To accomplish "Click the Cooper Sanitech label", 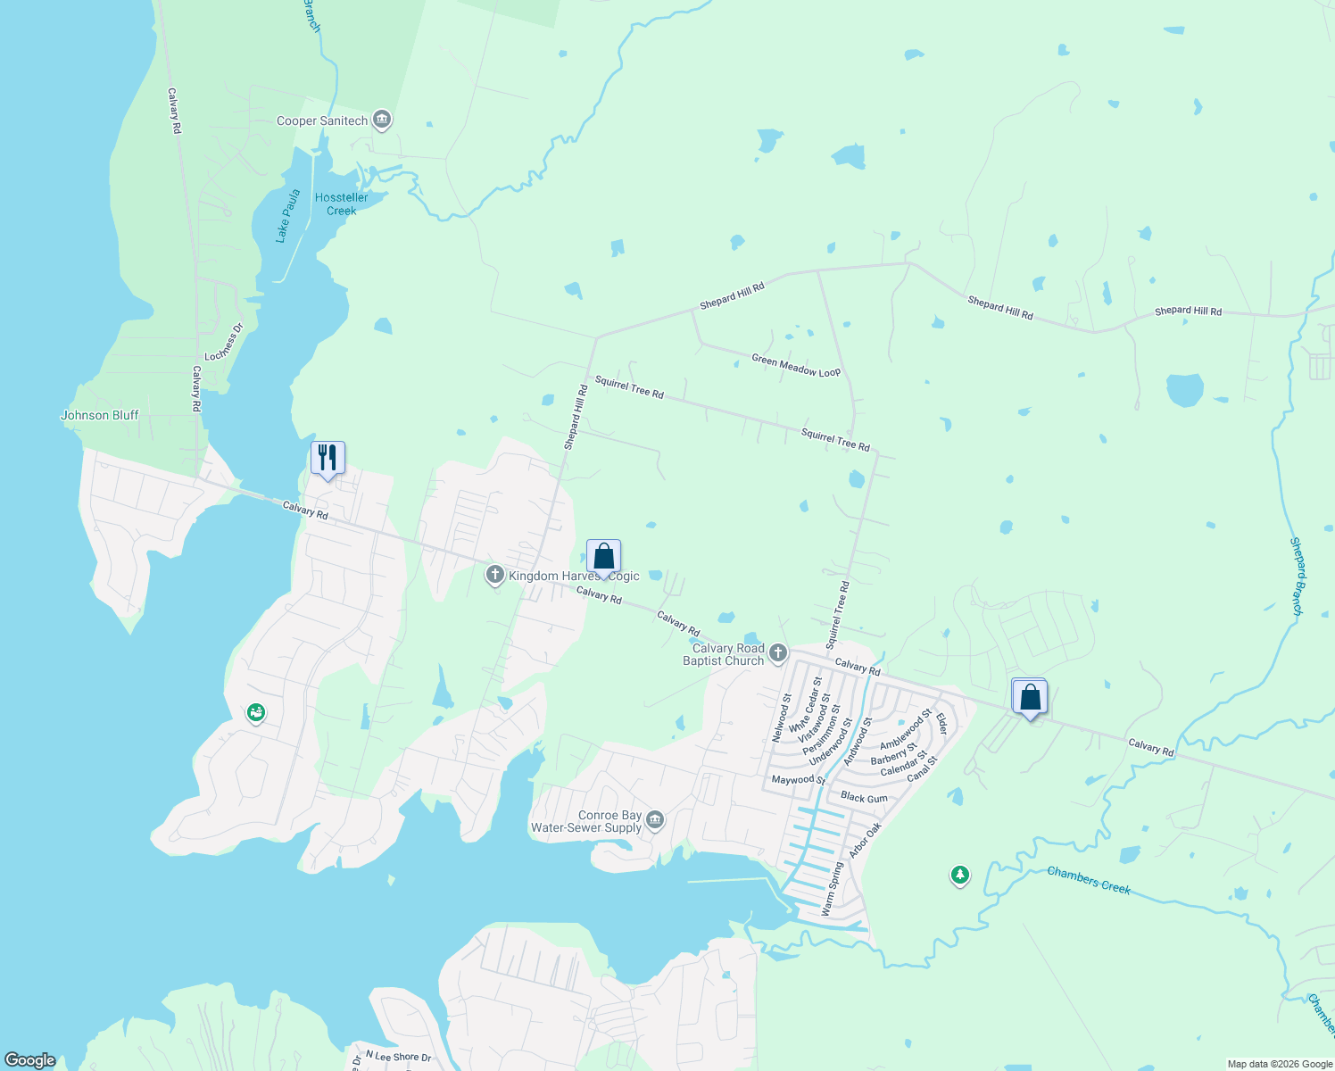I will click(x=321, y=120).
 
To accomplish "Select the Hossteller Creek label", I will click(x=341, y=204).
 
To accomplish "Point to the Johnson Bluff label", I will click(x=100, y=415).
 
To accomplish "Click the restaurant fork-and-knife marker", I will click(x=328, y=458).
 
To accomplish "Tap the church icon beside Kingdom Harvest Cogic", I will click(x=495, y=575).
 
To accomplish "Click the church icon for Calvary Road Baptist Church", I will click(x=778, y=653).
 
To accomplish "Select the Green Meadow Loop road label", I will click(x=796, y=365).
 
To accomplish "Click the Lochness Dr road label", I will click(x=223, y=343).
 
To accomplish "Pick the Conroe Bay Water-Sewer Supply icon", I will click(x=655, y=820).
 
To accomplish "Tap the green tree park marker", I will click(x=960, y=876).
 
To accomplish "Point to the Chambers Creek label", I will click(x=1089, y=880).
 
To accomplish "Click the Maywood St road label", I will click(x=798, y=780).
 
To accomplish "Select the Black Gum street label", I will click(x=864, y=798).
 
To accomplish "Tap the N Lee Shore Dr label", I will click(x=398, y=1057).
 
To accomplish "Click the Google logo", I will click(x=30, y=1060).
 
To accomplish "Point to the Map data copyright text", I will click(x=1280, y=1064).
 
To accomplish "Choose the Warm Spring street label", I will click(x=832, y=889).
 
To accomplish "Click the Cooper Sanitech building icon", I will click(x=382, y=120).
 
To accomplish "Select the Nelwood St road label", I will click(x=781, y=718).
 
